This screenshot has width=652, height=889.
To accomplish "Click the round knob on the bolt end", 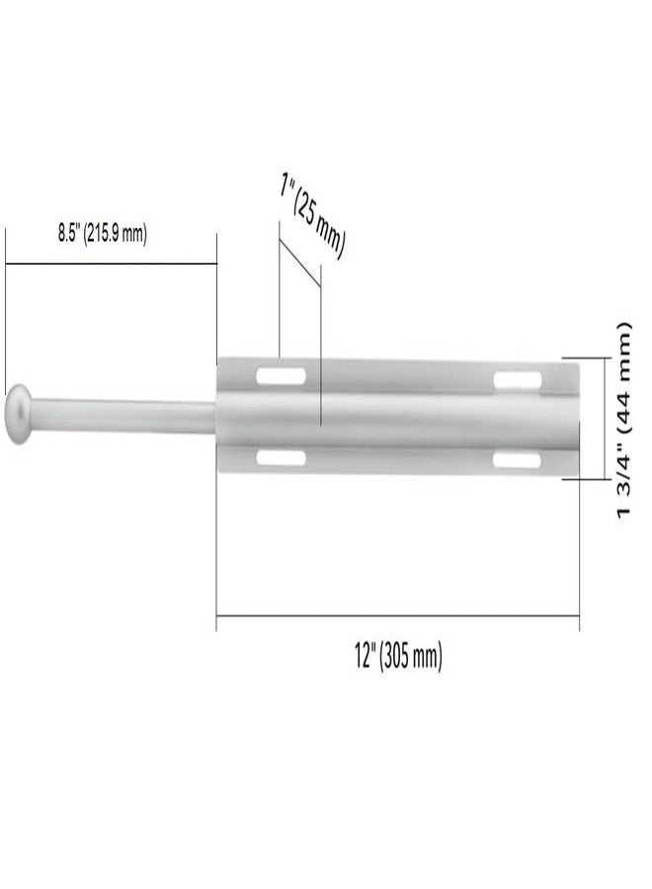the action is click(19, 414).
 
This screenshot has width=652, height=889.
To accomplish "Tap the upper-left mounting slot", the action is click(282, 376).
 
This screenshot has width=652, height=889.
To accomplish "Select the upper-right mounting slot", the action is click(517, 380).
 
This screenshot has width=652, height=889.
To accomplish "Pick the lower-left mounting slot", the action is click(282, 457).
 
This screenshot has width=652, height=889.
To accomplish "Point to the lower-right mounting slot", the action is click(517, 459).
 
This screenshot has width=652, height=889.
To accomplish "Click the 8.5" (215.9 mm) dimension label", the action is click(102, 233).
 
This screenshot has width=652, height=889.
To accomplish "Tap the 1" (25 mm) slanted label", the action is click(312, 216).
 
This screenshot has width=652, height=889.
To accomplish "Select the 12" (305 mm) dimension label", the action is click(398, 657).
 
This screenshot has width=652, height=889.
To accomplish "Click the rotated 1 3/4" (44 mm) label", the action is click(622, 420).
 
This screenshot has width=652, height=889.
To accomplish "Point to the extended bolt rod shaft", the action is click(122, 415).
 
